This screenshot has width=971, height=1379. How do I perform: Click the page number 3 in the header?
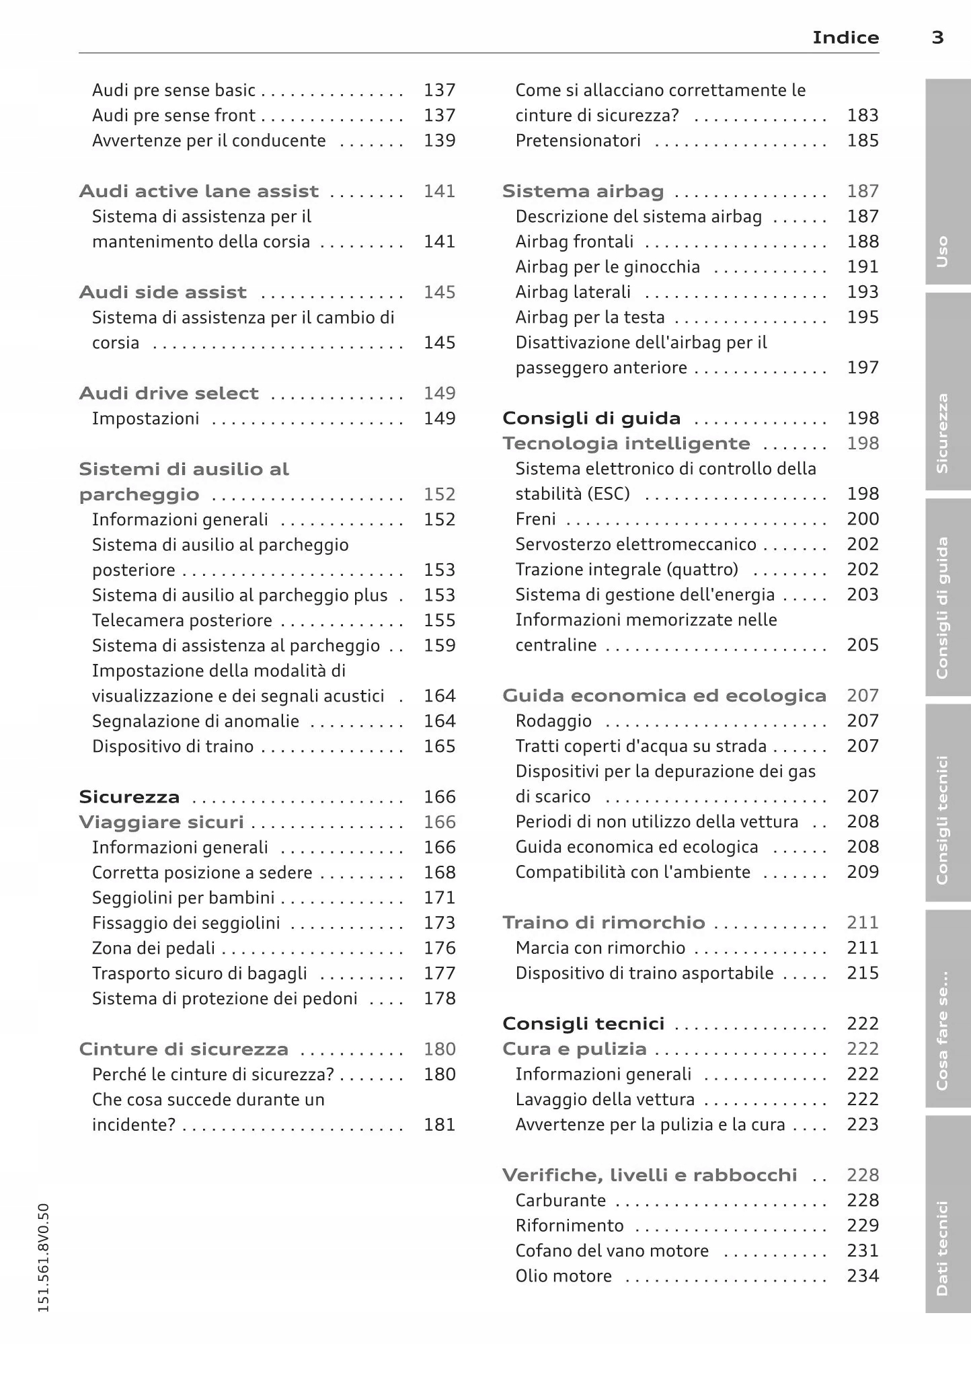click(x=937, y=38)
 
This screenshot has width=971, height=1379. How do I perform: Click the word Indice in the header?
click(x=845, y=38)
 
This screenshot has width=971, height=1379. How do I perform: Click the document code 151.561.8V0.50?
click(x=44, y=1258)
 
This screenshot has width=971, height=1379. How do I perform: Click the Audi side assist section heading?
click(x=163, y=293)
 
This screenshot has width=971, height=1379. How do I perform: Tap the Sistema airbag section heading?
click(x=583, y=192)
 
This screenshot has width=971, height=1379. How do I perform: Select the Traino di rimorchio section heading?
click(x=603, y=923)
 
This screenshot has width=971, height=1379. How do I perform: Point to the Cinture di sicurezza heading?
click(x=184, y=1049)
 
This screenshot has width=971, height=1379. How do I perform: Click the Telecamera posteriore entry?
click(x=182, y=620)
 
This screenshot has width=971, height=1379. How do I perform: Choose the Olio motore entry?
click(x=564, y=1276)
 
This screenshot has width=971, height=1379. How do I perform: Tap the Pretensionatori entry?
click(x=578, y=141)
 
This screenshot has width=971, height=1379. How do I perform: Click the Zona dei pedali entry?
click(x=153, y=948)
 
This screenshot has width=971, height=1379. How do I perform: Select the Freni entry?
click(x=535, y=519)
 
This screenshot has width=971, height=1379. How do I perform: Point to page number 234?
click(x=863, y=1276)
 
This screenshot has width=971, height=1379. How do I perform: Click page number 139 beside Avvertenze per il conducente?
click(x=439, y=141)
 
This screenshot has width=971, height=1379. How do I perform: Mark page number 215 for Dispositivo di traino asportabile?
click(x=863, y=973)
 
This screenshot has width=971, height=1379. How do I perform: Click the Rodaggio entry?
click(x=553, y=721)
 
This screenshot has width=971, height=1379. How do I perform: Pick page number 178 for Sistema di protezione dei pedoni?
click(x=439, y=999)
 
